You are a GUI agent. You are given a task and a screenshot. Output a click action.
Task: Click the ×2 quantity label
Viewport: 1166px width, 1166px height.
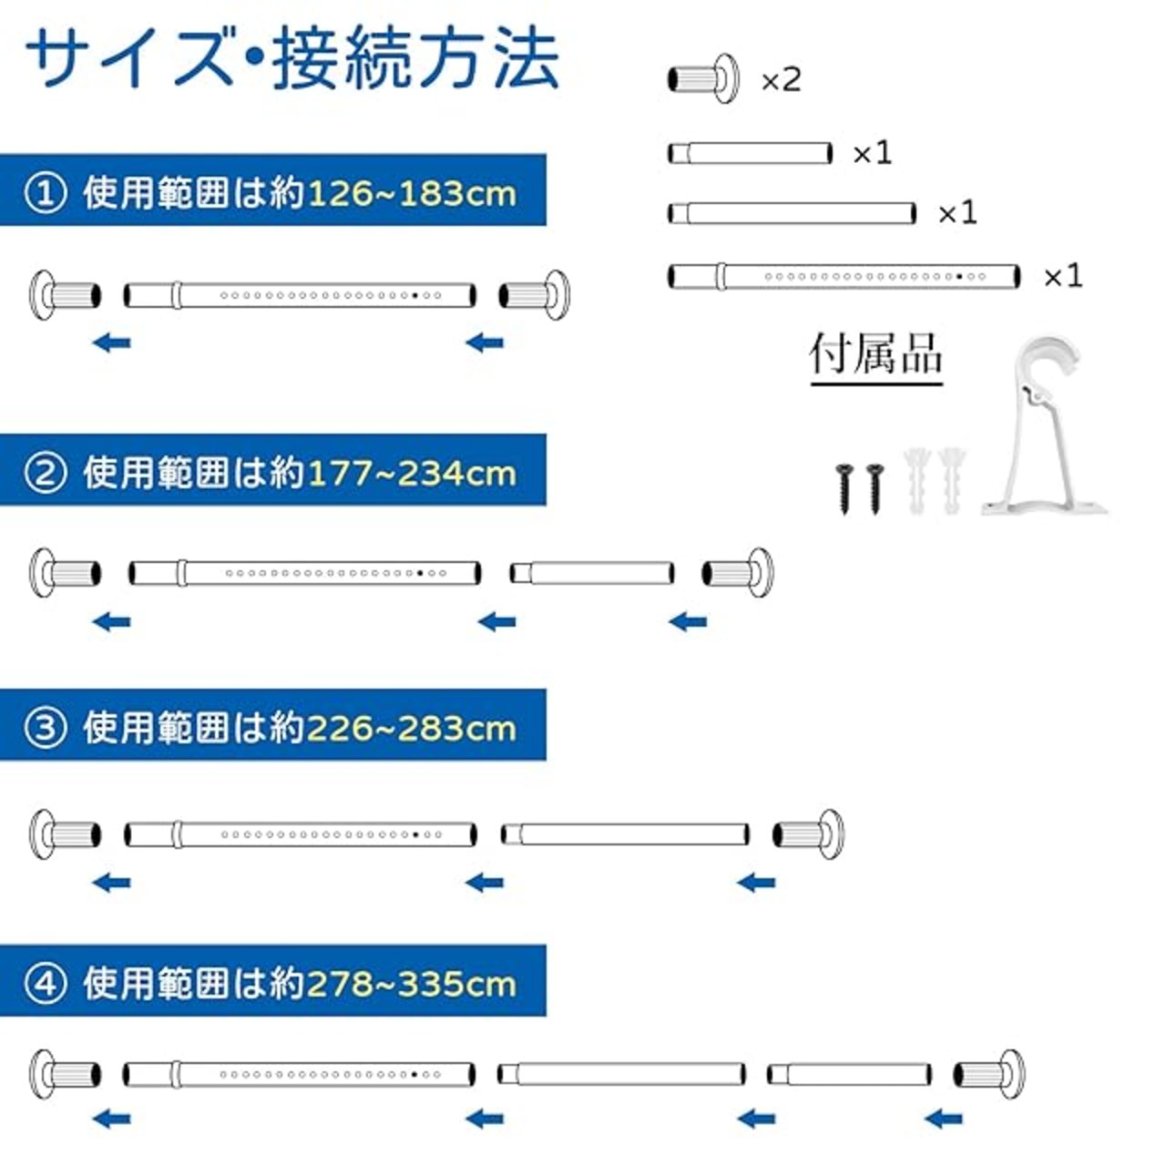click(x=782, y=80)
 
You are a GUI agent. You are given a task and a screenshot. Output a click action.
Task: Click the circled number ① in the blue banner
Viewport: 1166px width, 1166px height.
click(x=45, y=194)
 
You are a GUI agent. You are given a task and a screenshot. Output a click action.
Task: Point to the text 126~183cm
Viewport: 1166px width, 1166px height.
click(x=412, y=194)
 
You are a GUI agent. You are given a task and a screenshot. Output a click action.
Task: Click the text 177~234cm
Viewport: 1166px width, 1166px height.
click(x=412, y=474)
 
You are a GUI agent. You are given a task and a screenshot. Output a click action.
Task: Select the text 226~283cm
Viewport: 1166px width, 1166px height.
click(x=412, y=729)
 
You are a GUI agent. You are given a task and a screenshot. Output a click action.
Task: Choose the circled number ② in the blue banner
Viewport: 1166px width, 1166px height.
click(x=45, y=474)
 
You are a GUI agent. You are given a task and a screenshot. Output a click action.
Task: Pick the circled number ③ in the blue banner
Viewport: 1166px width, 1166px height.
click(x=45, y=729)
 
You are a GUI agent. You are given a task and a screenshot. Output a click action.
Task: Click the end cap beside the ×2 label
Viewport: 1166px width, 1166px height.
click(x=704, y=78)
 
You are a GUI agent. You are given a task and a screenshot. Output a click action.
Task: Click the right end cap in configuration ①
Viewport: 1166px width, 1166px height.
click(x=535, y=295)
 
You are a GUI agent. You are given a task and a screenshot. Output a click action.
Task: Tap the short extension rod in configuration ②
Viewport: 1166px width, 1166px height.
click(x=591, y=572)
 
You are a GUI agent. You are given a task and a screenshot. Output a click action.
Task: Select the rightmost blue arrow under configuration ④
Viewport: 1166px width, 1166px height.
click(x=944, y=1119)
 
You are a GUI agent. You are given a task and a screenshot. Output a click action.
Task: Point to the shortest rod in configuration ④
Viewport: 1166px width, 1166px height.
click(x=849, y=1075)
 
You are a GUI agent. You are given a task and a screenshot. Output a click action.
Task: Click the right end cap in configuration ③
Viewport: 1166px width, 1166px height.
click(x=808, y=834)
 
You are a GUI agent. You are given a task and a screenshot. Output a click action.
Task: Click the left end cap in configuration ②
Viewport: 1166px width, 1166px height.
click(x=65, y=573)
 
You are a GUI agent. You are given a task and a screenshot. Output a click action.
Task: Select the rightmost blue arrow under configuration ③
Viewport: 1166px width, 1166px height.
click(x=756, y=883)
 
